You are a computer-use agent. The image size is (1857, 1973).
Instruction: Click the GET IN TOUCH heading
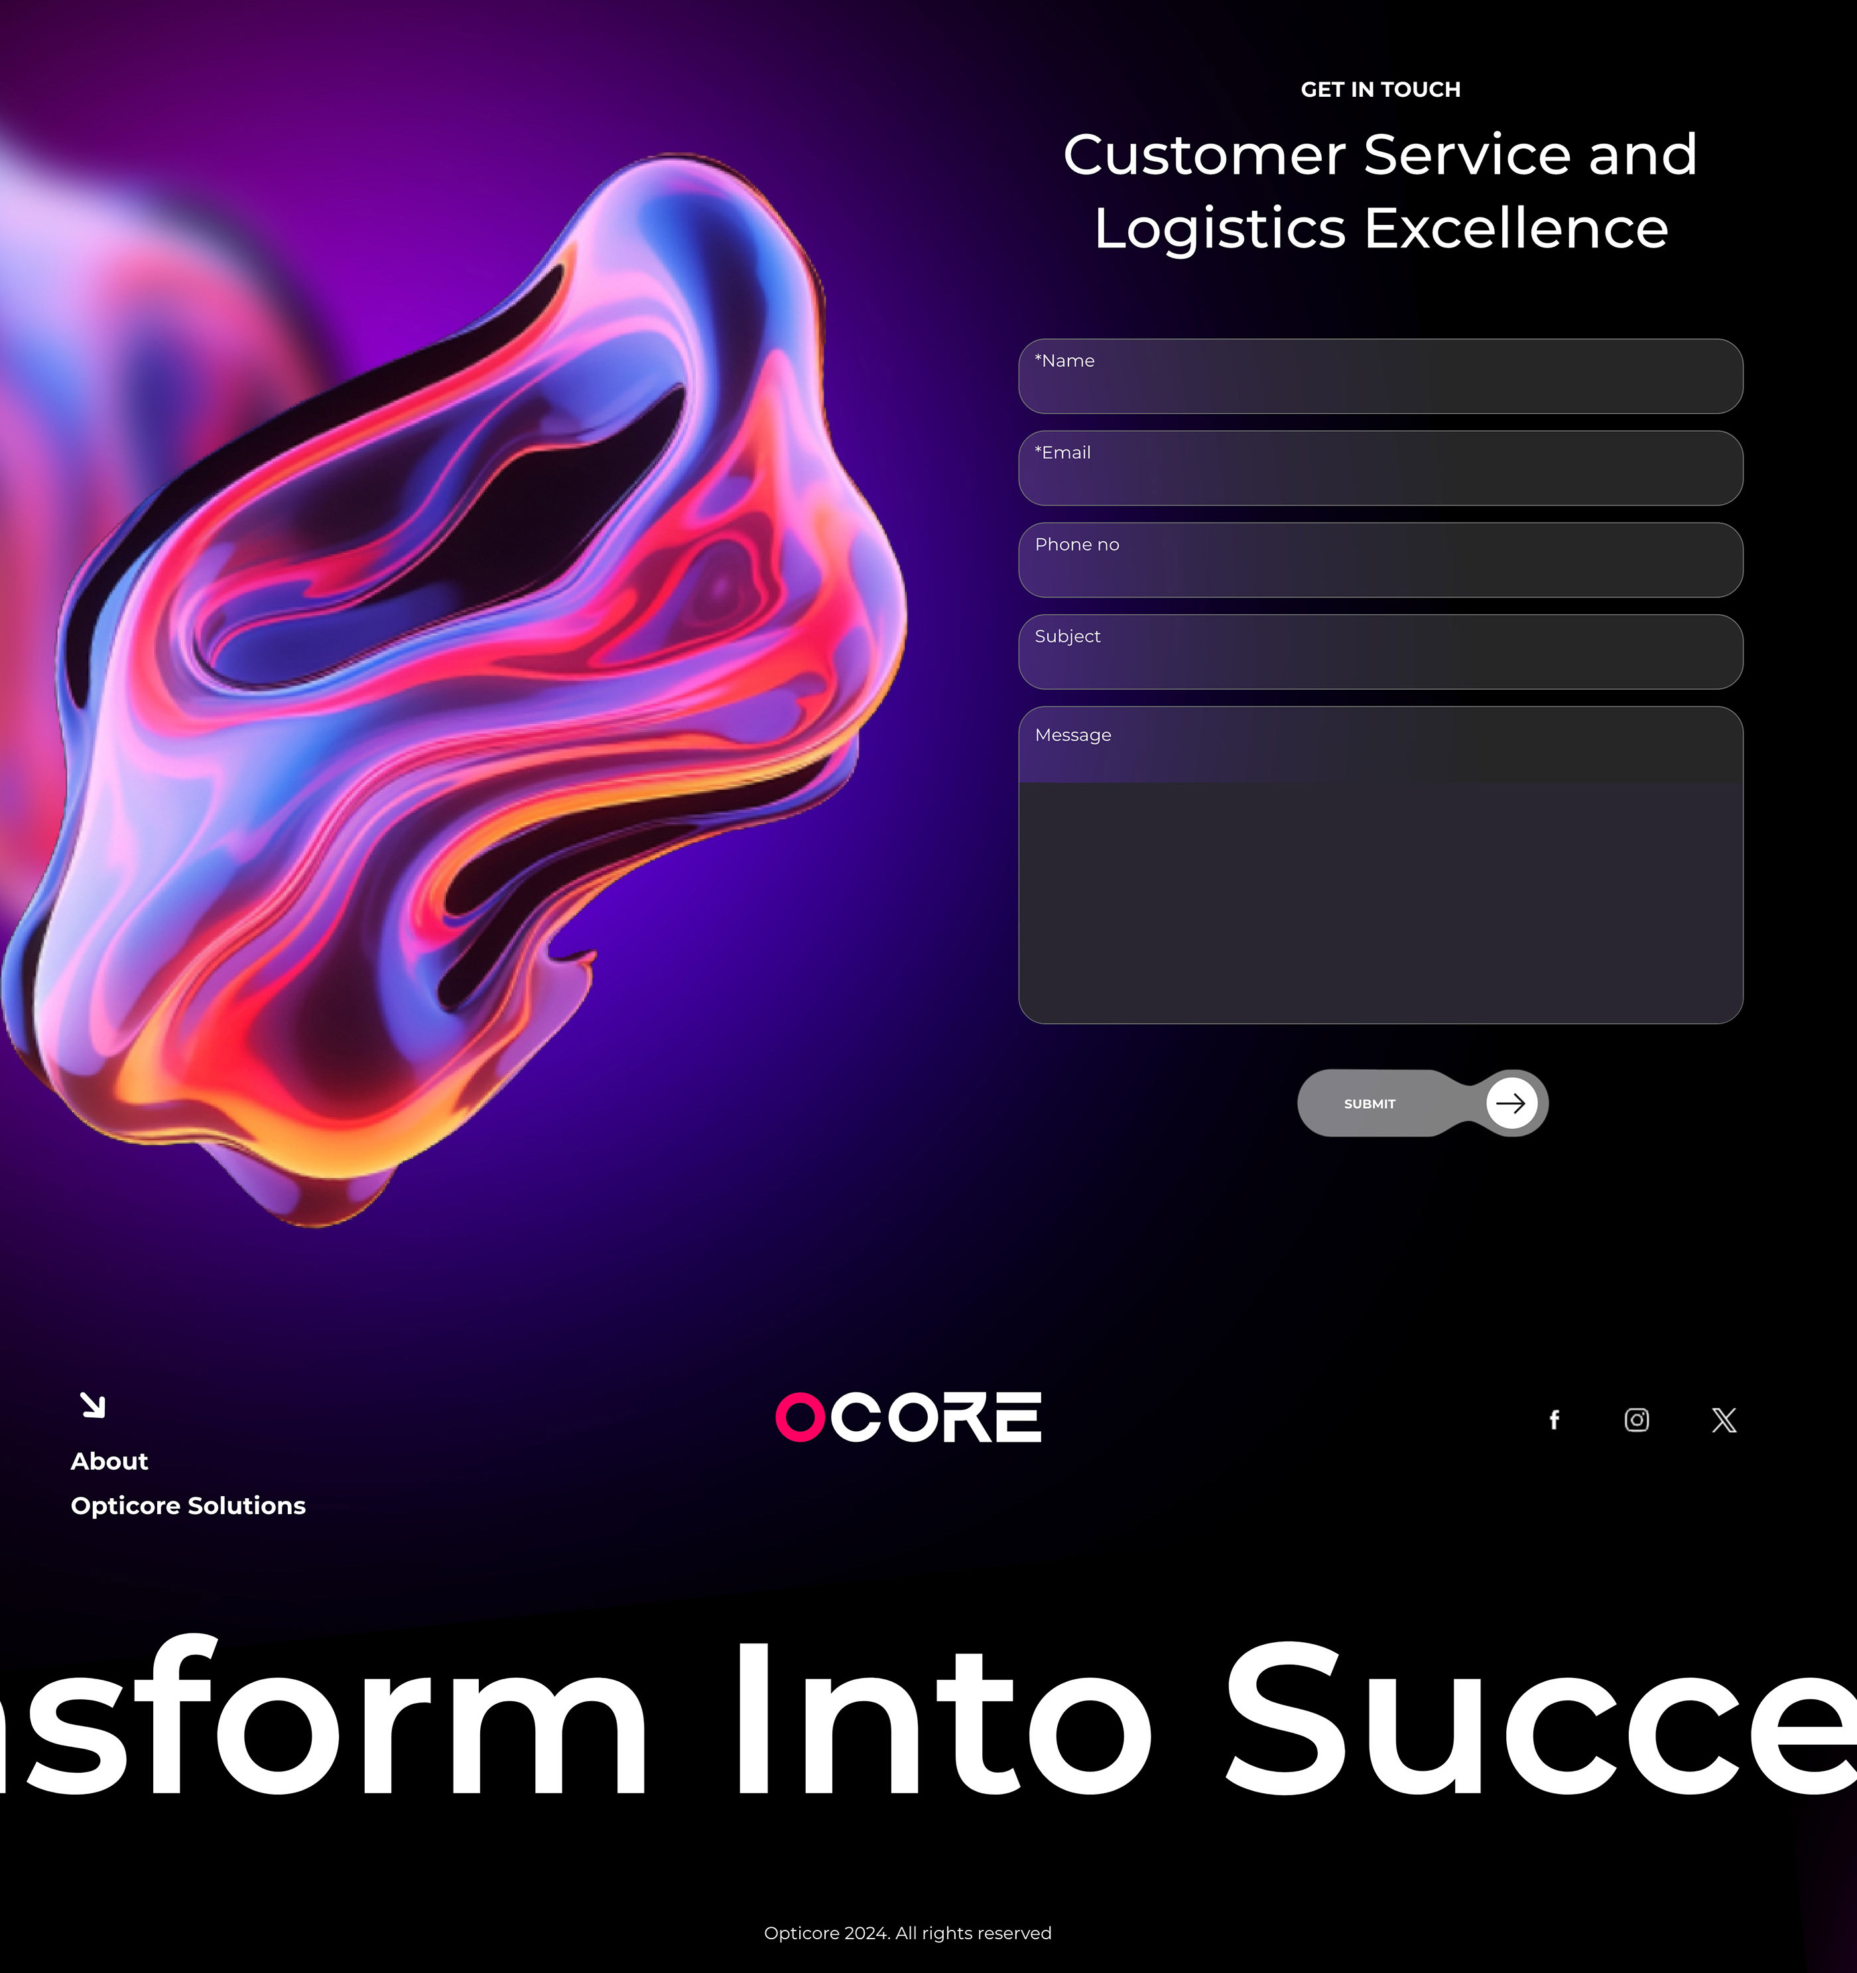coord(1381,90)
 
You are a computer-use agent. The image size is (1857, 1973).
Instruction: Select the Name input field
coord(1381,376)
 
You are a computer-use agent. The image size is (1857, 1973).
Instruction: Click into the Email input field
coord(1381,468)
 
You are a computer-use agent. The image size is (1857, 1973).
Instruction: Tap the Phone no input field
coord(1381,560)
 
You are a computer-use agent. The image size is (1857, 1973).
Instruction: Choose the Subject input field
coord(1381,652)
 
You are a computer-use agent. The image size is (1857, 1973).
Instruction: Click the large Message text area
coord(1381,865)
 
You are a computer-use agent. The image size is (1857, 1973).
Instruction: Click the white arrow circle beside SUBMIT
coord(1511,1103)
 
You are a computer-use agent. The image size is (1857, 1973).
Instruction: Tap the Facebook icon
coord(1555,1420)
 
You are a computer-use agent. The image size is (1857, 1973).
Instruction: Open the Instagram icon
coord(1637,1420)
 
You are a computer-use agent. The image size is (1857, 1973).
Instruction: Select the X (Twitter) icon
coord(1724,1420)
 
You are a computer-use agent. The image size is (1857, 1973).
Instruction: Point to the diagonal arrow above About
coord(92,1405)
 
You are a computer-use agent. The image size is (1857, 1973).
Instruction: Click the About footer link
coord(109,1461)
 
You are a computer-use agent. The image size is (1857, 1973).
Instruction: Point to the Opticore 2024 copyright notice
coord(907,1933)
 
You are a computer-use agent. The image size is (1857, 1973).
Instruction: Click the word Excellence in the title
coord(1517,228)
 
